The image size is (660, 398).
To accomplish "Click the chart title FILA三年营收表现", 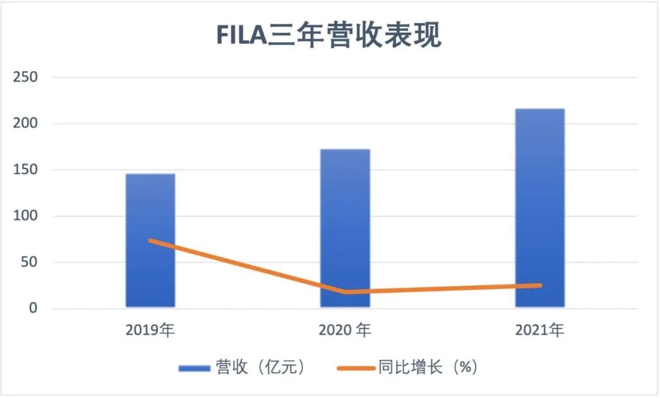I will (329, 35).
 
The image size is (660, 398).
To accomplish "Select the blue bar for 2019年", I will (150, 241).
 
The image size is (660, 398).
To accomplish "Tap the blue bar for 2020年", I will (345, 228).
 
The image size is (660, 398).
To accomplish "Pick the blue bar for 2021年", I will (540, 208).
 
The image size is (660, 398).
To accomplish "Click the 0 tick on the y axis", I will (34, 309).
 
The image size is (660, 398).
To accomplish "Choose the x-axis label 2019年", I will (150, 331).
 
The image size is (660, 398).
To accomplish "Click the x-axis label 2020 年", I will (345, 331).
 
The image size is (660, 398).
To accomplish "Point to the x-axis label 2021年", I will (540, 331).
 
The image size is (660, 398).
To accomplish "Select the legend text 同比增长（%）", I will (428, 367).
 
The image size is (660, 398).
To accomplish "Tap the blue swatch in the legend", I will (194, 368).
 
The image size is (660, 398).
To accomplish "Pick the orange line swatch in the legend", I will (354, 368).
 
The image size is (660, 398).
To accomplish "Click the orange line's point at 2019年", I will (150, 241).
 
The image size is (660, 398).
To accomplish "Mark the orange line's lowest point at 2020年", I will (346, 292).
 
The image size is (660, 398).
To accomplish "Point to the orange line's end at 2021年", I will (540, 285).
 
